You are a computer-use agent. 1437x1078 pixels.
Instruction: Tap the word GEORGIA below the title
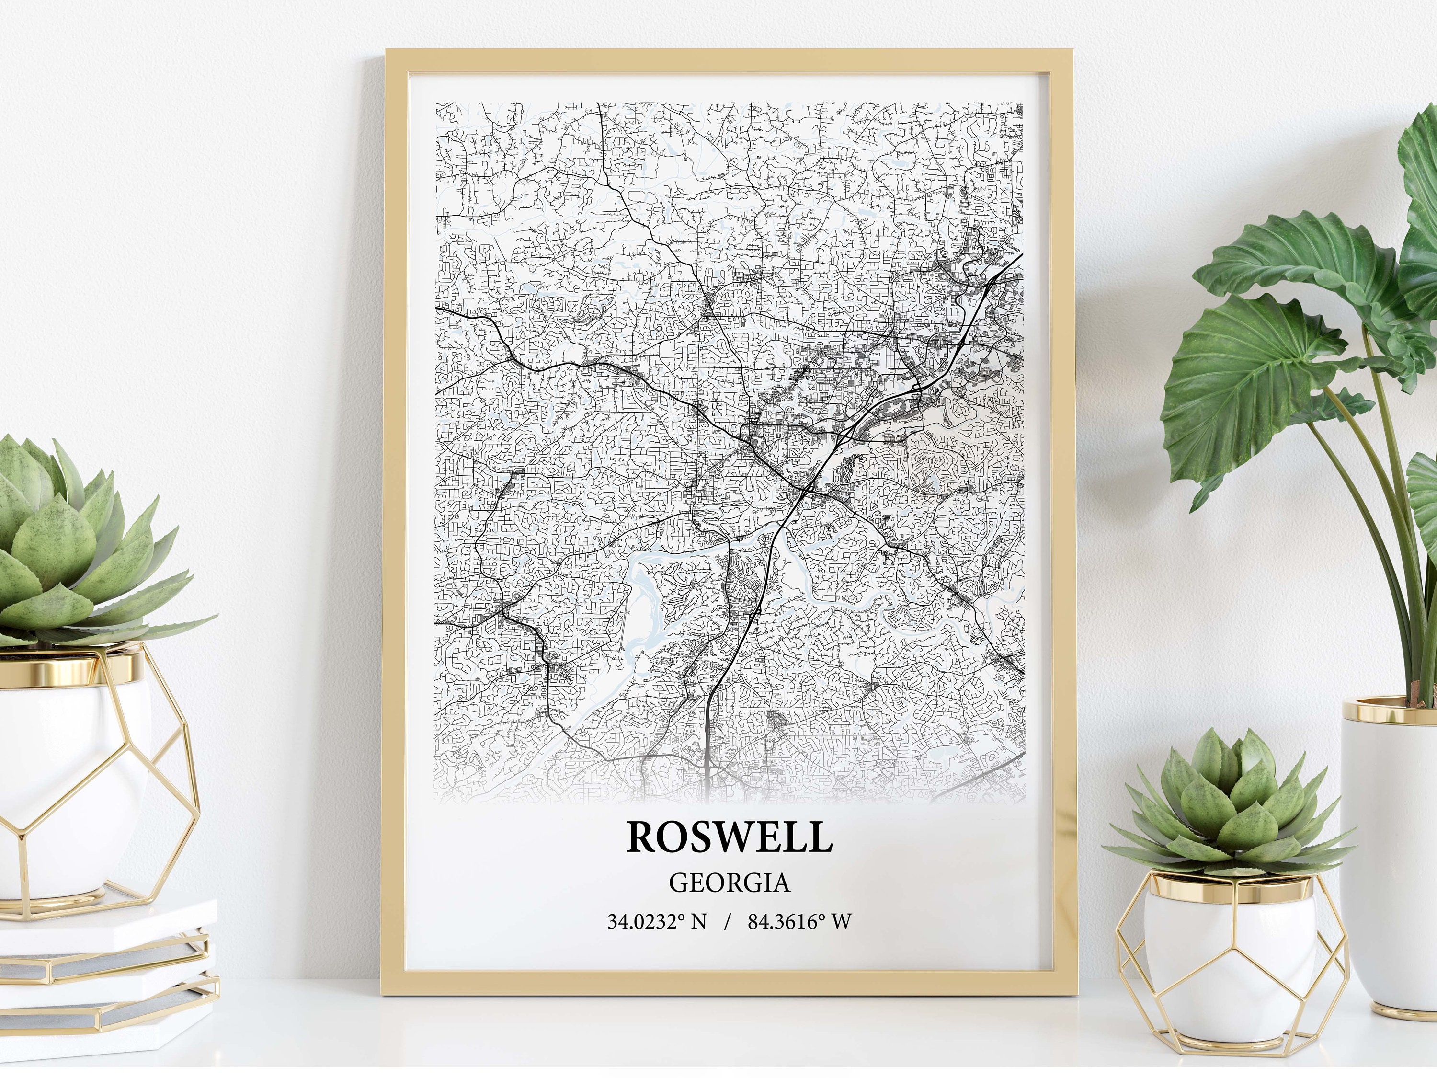(x=729, y=883)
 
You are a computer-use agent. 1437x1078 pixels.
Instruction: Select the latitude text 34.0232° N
(x=656, y=921)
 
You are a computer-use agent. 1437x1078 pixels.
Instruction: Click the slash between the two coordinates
(x=727, y=921)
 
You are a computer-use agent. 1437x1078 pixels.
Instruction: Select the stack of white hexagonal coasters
(x=107, y=968)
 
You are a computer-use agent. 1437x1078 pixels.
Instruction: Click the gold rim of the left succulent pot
(x=71, y=663)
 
